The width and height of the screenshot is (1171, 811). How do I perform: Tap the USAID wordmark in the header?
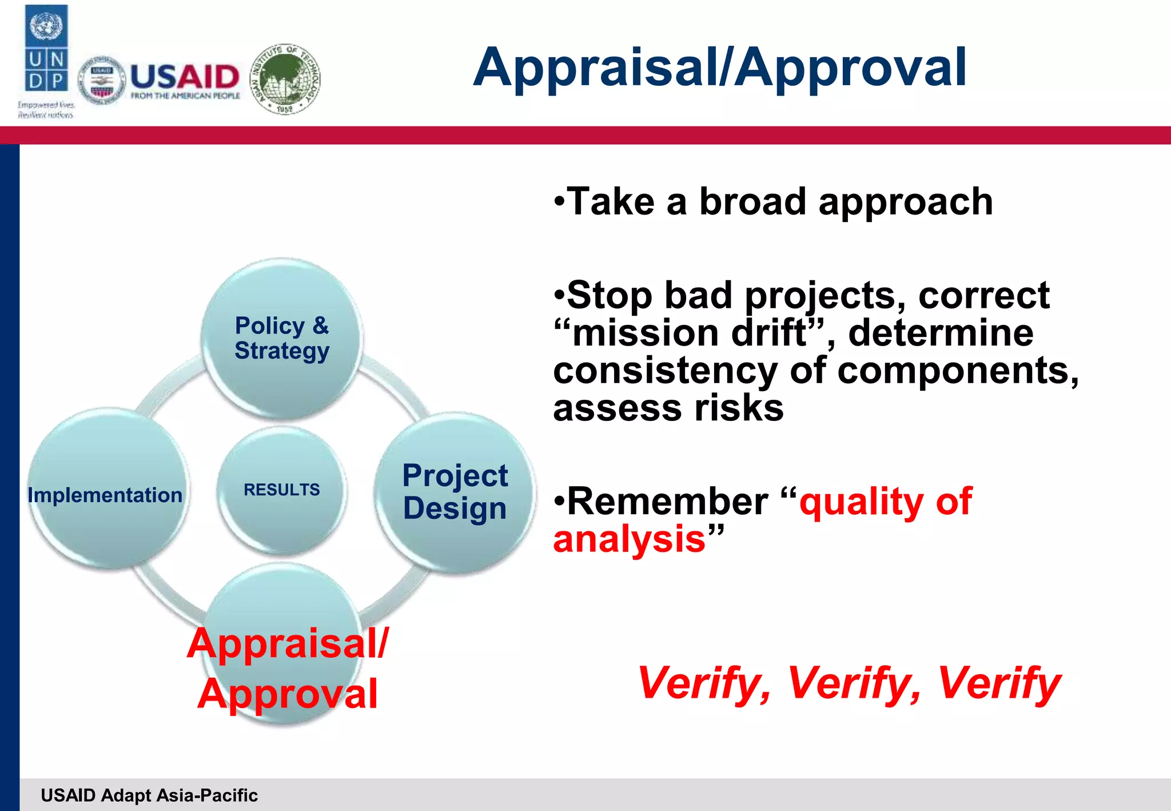pyautogui.click(x=184, y=77)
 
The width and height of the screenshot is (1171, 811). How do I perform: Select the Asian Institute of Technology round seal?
pyautogui.click(x=286, y=78)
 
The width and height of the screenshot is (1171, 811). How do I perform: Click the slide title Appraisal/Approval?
pyautogui.click(x=719, y=67)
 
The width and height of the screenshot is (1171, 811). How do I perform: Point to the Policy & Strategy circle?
pyautogui.click(x=282, y=338)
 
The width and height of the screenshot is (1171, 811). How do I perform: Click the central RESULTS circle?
pyautogui.click(x=282, y=490)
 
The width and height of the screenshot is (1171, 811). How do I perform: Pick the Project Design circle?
pyautogui.click(x=455, y=492)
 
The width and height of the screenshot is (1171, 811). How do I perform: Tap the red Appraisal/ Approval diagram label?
pyautogui.click(x=288, y=668)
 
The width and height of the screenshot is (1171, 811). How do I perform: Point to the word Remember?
pyautogui.click(x=668, y=502)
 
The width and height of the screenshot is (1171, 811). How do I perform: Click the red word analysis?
pyautogui.click(x=630, y=539)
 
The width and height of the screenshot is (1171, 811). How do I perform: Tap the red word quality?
pyautogui.click(x=861, y=502)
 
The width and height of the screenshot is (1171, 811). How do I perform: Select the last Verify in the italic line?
pyautogui.click(x=998, y=683)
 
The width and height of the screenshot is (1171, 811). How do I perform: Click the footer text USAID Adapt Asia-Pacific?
pyautogui.click(x=149, y=795)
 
